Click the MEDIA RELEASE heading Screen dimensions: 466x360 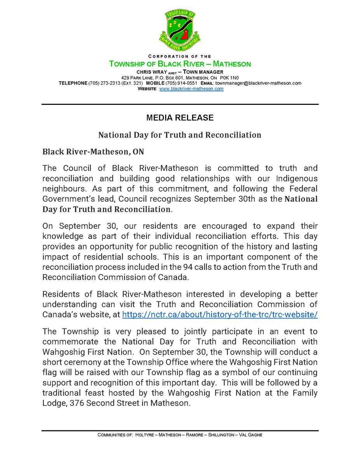pyautogui.click(x=180, y=117)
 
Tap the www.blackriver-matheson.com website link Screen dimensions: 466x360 pyautogui.click(x=191, y=89)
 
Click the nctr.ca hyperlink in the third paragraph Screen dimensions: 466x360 pyautogui.click(x=220, y=315)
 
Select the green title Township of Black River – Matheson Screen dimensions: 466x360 pyautogui.click(x=180, y=64)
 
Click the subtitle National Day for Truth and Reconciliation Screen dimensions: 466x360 pyautogui.click(x=180, y=135)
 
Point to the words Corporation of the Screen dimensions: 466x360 pyautogui.click(x=179, y=56)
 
